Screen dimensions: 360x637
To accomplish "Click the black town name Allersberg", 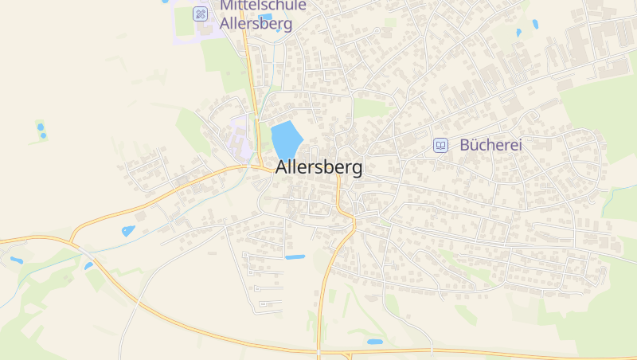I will (318, 168).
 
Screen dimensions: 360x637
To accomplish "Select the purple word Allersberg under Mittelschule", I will (256, 23).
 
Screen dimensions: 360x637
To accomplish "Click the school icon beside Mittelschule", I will (201, 14).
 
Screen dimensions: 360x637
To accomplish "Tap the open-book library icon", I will (440, 145).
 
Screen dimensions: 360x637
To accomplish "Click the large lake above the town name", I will (286, 139).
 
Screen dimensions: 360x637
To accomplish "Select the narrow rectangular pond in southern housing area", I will (295, 257).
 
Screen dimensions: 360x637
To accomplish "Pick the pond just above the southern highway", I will (374, 342).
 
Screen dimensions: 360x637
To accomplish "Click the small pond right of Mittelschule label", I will (265, 17).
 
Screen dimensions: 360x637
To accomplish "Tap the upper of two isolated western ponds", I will (40, 126).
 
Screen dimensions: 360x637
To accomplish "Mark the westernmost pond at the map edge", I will (16, 260).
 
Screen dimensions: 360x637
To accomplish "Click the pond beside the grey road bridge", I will (88, 265).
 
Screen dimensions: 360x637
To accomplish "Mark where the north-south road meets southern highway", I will (318, 350).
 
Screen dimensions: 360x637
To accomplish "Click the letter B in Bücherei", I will (465, 145).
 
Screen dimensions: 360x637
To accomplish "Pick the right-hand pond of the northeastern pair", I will (534, 24).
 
